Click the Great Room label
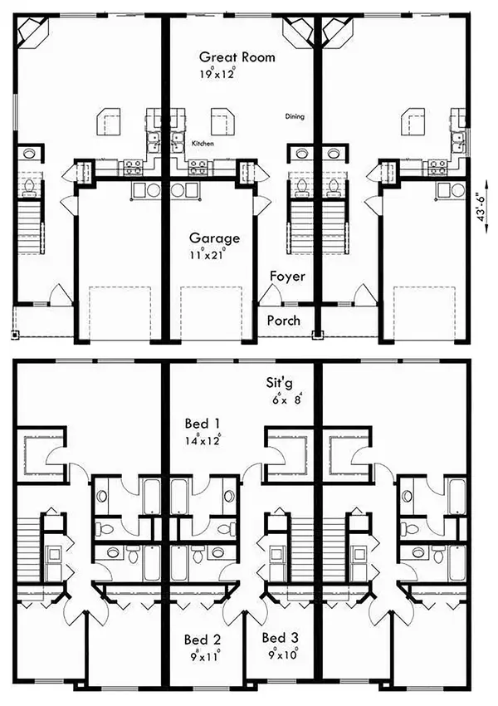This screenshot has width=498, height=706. coord(237,57)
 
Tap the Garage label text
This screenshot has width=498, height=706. coord(214,238)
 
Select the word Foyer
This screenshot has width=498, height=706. coord(287,276)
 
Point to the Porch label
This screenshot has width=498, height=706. coord(283,321)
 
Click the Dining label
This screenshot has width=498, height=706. coord(295,116)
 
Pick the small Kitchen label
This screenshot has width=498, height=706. coord(203,144)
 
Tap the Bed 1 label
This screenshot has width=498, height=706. coord(202,424)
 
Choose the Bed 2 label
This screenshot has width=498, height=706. coord(202,640)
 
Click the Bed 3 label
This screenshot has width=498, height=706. coord(280,638)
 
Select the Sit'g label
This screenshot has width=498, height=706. coord(279,383)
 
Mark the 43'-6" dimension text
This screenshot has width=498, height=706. coord(482,207)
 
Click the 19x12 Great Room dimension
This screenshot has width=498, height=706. coord(217,73)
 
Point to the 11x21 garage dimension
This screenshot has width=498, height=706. coord(207,254)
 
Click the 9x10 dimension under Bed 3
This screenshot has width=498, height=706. coord(283,654)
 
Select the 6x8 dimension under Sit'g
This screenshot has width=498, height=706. coord(287,399)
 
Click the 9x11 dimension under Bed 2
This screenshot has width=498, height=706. coord(205,655)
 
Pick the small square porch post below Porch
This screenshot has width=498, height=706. coord(318,334)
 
